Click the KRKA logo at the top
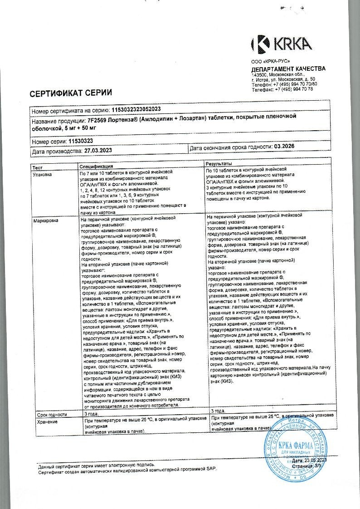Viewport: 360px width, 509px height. (x=281, y=44)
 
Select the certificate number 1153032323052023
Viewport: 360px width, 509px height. (x=136, y=110)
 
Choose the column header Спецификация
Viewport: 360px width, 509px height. (x=97, y=166)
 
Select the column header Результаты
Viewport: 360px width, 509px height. (x=219, y=163)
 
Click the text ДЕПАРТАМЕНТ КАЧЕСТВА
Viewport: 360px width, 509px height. (x=288, y=69)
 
